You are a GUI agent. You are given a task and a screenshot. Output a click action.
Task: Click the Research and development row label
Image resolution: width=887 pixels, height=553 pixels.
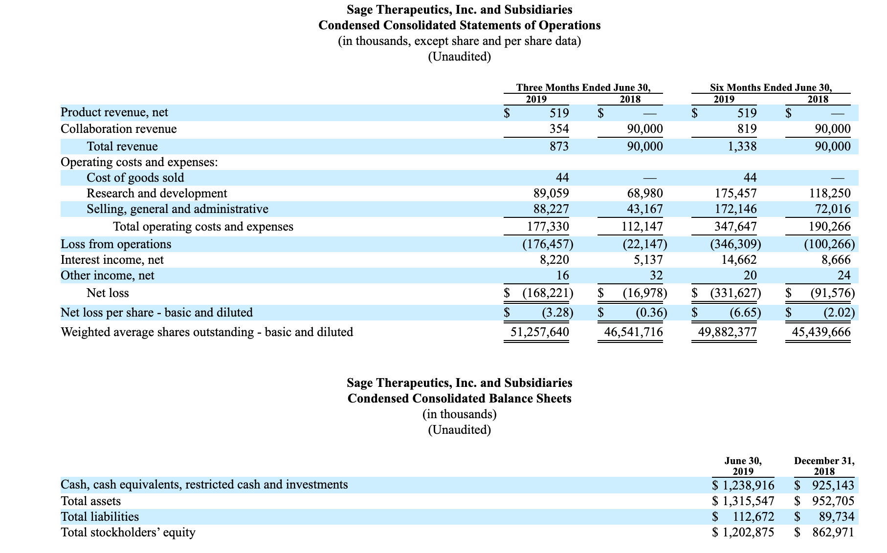[156, 193]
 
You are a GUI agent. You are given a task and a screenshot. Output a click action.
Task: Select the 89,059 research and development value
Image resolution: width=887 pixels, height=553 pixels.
[551, 193]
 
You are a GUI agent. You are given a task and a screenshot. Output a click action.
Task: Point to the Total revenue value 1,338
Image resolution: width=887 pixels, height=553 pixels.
[742, 147]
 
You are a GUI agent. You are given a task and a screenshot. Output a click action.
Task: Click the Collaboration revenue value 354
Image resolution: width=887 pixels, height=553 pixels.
[559, 129]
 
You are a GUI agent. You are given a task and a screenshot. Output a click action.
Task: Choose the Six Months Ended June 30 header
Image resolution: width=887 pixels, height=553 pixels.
[771, 87]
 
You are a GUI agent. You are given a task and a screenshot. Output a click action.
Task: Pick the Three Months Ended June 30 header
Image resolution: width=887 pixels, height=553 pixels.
[583, 87]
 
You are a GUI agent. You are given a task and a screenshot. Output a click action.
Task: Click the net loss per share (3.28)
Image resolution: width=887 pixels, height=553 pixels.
[557, 312]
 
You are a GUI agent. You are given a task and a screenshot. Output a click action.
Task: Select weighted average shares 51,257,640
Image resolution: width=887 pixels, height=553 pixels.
[539, 332]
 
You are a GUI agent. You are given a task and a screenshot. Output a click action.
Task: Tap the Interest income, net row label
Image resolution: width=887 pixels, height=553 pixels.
[112, 260]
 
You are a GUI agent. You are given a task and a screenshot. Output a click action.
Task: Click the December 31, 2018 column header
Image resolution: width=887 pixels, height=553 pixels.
[824, 466]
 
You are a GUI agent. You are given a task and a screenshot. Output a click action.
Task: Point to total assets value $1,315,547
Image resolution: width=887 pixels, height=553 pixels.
[743, 501]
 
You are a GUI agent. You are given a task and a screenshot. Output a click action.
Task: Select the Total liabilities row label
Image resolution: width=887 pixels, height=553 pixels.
[99, 517]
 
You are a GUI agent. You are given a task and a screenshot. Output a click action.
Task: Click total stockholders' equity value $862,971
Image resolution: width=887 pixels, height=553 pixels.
[824, 532]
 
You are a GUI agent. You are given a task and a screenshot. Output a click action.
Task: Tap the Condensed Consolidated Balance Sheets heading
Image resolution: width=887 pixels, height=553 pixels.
[459, 398]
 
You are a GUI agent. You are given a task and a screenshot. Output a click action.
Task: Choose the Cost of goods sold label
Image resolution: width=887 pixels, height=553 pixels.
[135, 178]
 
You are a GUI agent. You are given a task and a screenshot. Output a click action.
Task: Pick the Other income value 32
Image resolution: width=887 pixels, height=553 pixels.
[656, 276]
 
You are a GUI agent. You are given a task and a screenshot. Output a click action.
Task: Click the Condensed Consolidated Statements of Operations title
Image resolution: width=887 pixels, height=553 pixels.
[459, 25]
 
